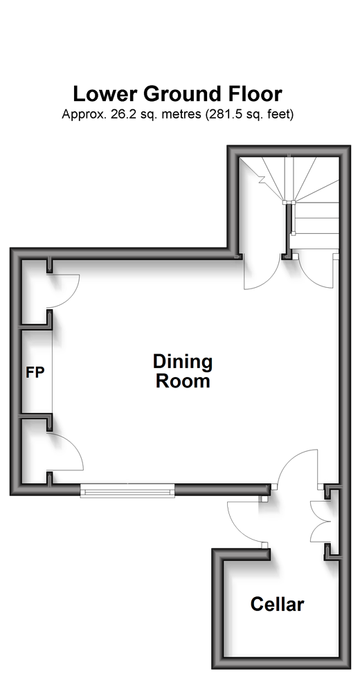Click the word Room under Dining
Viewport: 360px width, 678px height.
tap(183, 381)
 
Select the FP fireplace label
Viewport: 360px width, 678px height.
tap(35, 372)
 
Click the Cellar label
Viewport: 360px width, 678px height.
tap(277, 604)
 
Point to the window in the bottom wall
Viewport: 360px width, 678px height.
tap(127, 491)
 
